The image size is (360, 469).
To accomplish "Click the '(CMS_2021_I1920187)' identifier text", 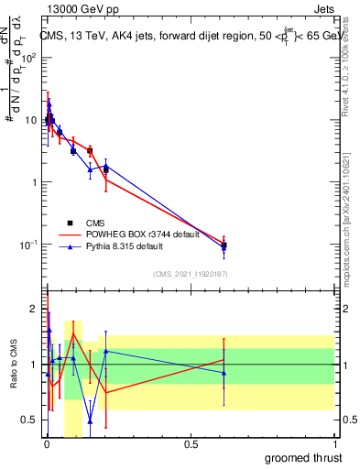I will pos(190,273).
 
